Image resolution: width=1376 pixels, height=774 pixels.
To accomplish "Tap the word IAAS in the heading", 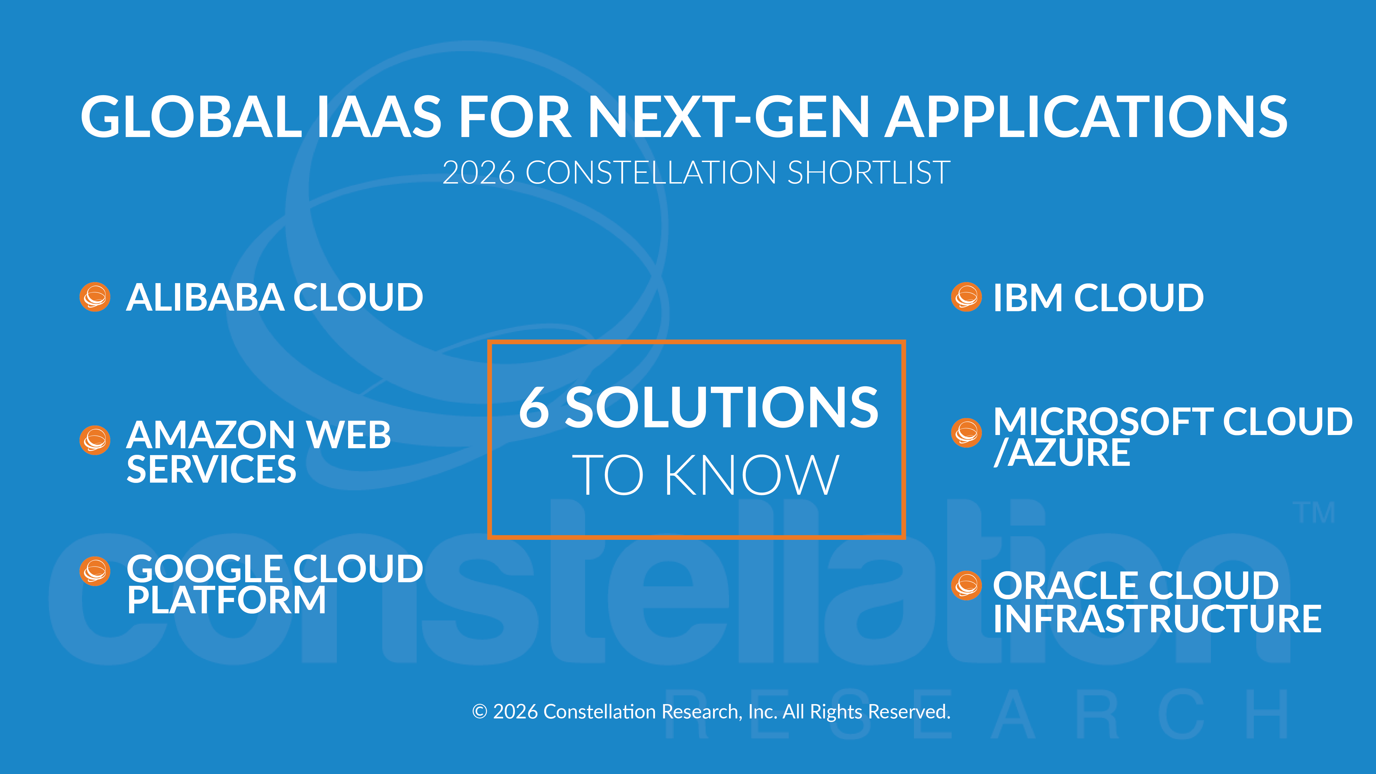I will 379,116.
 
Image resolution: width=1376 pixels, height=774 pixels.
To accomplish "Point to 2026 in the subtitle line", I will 479,173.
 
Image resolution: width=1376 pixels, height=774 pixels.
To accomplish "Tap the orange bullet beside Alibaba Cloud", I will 95,297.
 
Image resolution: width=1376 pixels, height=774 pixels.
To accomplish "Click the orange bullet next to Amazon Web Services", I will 95,440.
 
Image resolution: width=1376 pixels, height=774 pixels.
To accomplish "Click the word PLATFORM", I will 226,600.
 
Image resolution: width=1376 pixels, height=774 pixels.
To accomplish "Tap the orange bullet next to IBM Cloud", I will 966,297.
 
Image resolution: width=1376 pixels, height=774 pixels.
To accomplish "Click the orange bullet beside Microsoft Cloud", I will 966,433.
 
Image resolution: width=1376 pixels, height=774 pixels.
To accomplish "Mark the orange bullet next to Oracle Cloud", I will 966,586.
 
